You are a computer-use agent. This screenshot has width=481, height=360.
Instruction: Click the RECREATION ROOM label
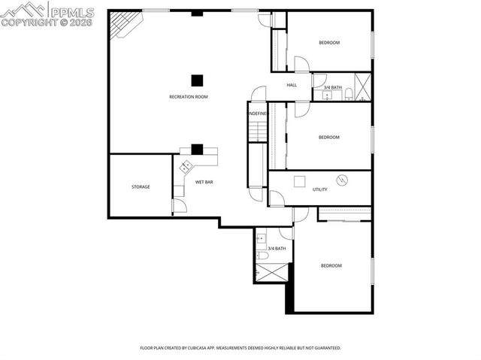coord(188,97)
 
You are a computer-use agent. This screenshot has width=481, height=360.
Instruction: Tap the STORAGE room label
coord(141,186)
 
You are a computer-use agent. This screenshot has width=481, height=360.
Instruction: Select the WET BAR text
coord(204,182)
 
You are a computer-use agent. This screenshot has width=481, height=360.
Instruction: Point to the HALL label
coord(292,85)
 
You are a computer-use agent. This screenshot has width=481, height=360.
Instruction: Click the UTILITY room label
coord(320,189)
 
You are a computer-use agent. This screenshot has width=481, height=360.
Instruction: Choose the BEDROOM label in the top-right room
coord(329,43)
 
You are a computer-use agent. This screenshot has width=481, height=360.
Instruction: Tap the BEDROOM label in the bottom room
coord(331,265)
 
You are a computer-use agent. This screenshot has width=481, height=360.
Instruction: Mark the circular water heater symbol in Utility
coord(343,180)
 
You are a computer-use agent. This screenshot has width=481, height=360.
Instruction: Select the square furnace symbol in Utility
coord(299,180)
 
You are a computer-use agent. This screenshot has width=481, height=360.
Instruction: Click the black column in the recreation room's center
coord(197,80)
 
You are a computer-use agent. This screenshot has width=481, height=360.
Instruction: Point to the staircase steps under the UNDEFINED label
coord(258,131)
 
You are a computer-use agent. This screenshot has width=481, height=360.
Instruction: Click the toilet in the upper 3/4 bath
coord(349,94)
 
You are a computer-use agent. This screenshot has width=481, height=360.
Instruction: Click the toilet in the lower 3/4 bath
coord(262,255)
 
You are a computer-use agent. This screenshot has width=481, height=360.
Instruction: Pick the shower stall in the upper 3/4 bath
coord(364,86)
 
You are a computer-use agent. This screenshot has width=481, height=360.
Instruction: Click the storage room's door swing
coord(179,205)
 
